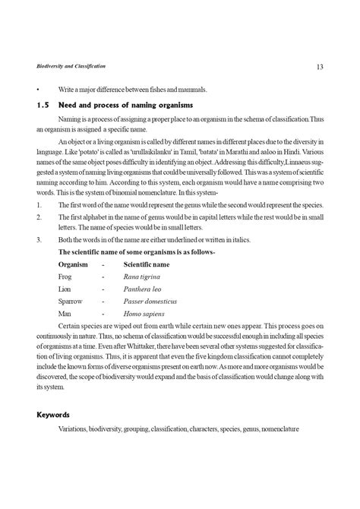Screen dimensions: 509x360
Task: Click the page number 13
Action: point(320,68)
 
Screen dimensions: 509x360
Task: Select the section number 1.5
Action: point(43,103)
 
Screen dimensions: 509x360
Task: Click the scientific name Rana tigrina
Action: point(143,277)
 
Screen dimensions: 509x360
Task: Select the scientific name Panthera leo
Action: point(144,289)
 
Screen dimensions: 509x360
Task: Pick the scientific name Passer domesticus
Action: point(150,302)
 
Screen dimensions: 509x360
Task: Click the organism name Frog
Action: point(66,277)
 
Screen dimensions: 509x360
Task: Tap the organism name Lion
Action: point(65,289)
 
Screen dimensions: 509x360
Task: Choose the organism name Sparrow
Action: point(71,302)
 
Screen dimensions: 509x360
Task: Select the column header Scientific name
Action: point(147,264)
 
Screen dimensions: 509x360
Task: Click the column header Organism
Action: point(74,264)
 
